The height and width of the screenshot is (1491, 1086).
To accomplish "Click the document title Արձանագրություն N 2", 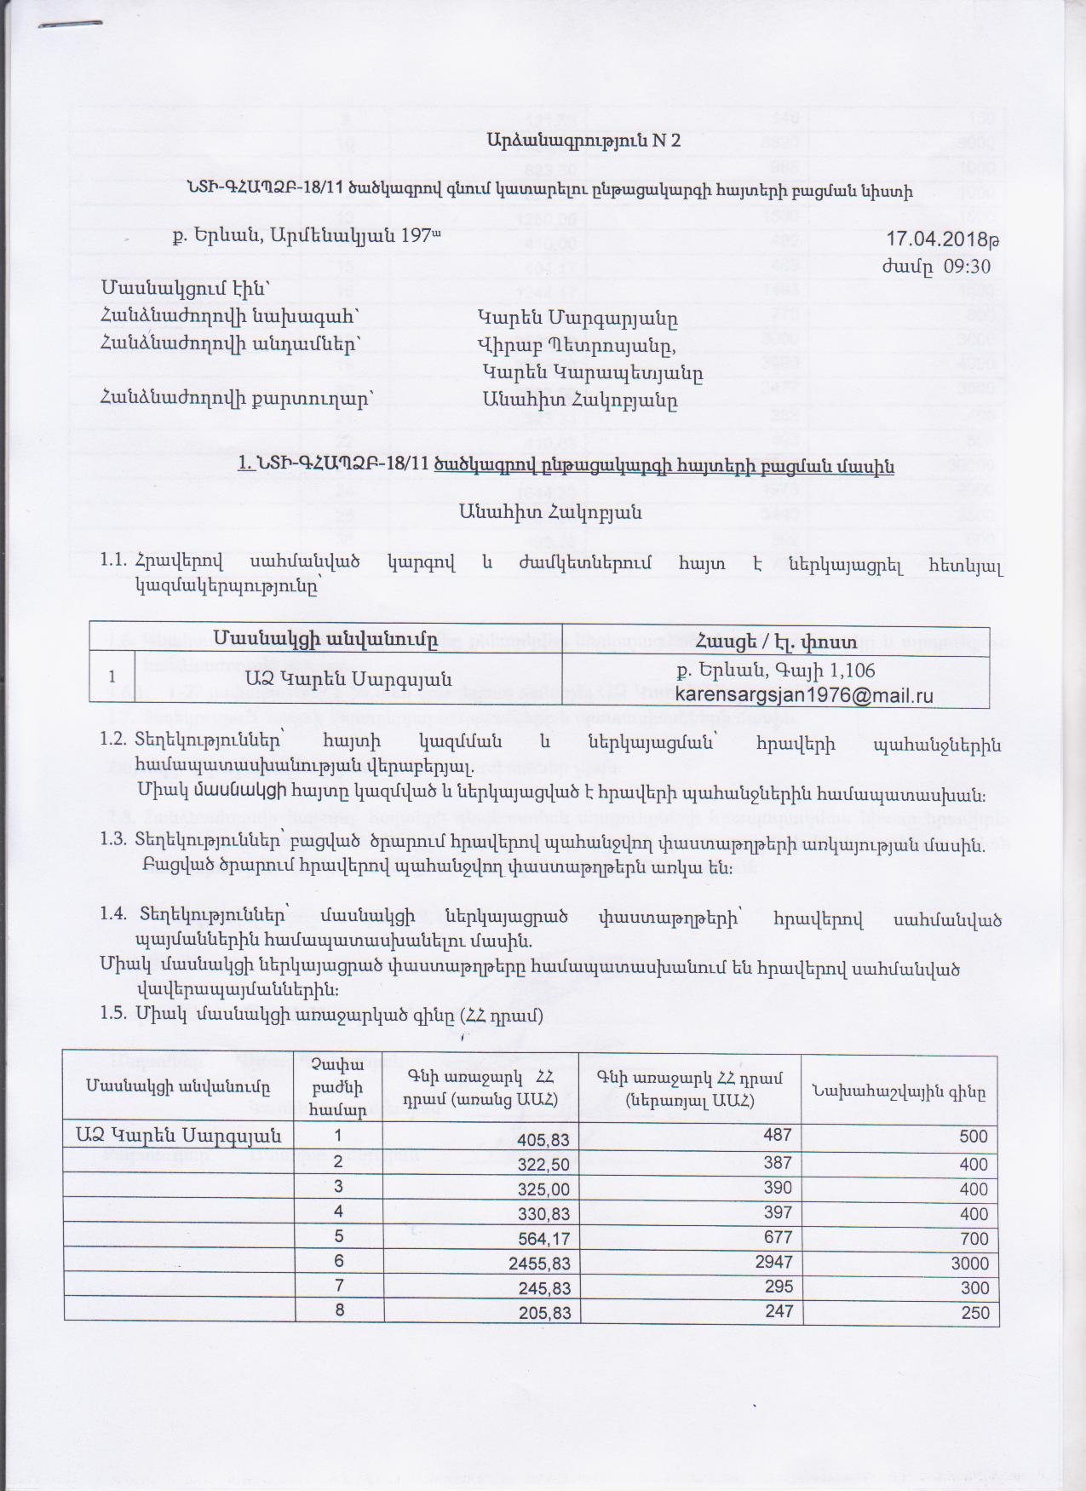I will (583, 141).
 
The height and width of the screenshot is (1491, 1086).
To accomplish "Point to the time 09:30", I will (967, 266).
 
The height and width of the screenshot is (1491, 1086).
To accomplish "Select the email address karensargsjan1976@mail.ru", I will (803, 695).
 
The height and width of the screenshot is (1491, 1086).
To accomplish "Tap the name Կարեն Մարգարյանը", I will (577, 319).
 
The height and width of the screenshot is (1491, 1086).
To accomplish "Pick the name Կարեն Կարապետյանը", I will (592, 372).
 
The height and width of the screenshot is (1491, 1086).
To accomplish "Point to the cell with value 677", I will (778, 1237).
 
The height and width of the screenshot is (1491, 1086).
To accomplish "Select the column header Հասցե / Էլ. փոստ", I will (776, 636).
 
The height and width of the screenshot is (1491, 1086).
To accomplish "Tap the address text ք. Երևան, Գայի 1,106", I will (776, 671).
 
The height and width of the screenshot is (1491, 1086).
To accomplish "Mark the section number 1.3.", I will (113, 839).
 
